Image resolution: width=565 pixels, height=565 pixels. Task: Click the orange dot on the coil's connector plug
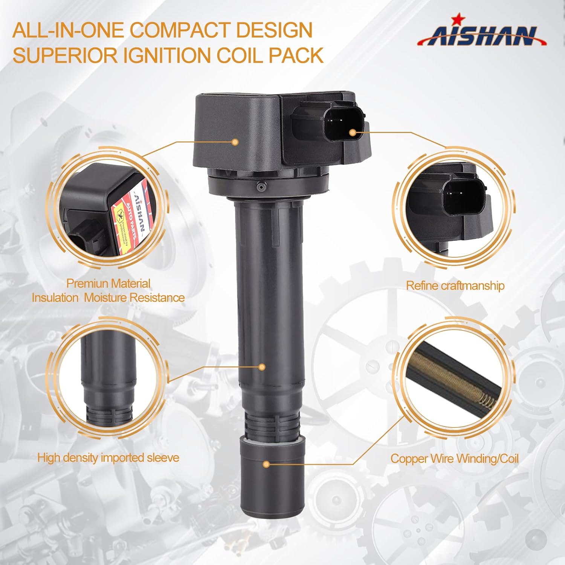tap(353, 132)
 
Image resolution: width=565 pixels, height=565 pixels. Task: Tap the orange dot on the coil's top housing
tap(235, 142)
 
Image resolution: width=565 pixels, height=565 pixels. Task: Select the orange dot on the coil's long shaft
tap(262, 366)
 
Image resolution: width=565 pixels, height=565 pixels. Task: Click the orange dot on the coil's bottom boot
tap(266, 464)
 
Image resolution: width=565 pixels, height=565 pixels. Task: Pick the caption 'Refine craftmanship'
tap(455, 286)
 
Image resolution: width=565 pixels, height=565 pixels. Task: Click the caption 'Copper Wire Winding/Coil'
tap(454, 458)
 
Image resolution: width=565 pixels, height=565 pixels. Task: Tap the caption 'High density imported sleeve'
tap(108, 458)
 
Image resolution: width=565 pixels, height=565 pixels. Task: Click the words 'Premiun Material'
tap(108, 283)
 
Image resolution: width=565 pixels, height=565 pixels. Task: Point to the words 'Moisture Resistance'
tap(134, 298)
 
